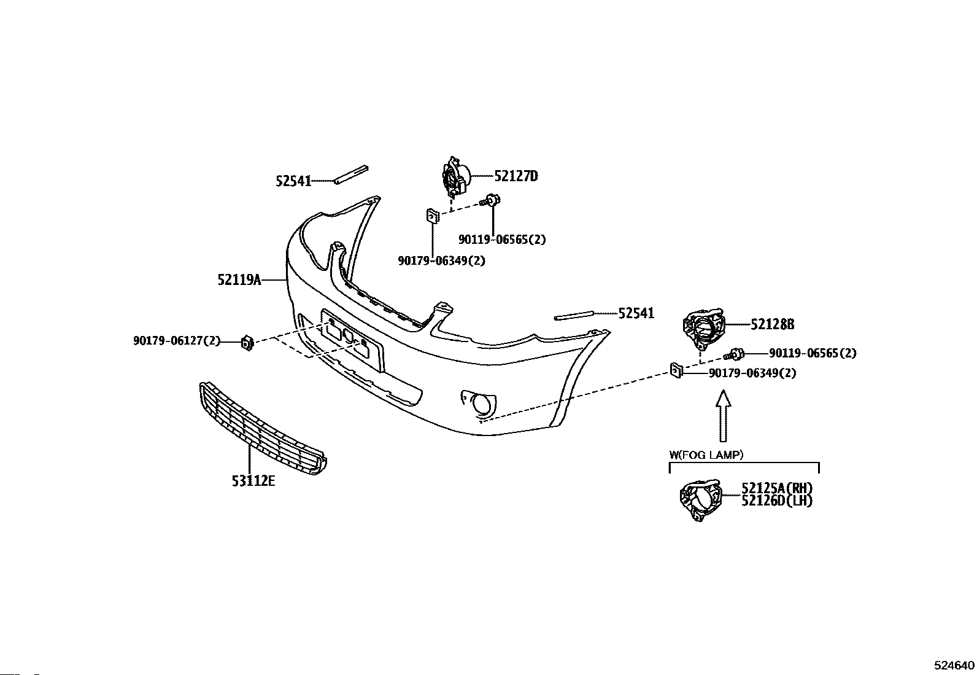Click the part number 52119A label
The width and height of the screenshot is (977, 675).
[239, 280]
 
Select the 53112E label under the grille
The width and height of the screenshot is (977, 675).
[253, 480]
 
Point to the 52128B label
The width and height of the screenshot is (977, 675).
[773, 324]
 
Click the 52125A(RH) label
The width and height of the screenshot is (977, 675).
[777, 488]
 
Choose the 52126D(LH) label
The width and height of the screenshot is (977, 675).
[777, 501]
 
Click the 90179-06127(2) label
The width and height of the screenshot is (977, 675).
[176, 340]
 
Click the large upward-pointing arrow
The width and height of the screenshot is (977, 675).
[724, 417]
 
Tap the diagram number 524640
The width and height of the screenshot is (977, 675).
[954, 666]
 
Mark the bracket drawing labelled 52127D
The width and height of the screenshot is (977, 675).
[455, 176]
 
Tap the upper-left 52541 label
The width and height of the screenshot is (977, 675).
[293, 181]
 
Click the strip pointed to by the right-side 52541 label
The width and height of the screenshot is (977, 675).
[574, 316]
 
